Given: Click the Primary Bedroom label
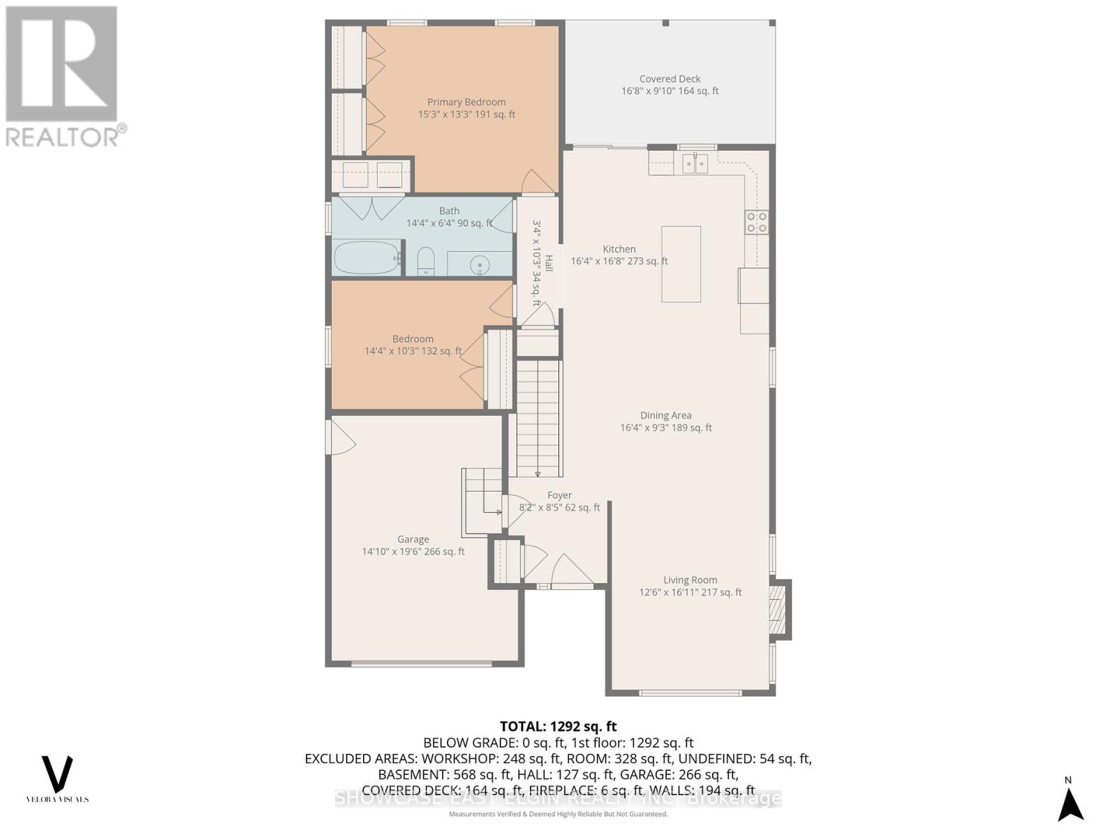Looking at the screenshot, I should click(466, 102).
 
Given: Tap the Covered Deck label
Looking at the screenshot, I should click(670, 79).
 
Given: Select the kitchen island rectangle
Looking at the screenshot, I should click(681, 264).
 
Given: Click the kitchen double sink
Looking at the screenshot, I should click(695, 164).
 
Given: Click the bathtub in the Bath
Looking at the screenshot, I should click(366, 258).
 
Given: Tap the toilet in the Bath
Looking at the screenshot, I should click(425, 262).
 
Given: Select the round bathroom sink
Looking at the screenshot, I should click(479, 264).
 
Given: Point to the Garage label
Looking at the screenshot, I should click(413, 539).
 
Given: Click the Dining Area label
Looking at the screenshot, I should click(665, 415).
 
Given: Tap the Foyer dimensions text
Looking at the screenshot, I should click(559, 508).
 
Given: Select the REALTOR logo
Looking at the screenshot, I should click(63, 77).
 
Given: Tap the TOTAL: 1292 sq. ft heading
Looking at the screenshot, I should click(558, 727).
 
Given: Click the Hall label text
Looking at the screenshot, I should click(549, 263).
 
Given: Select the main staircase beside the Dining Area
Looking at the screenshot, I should click(538, 418).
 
